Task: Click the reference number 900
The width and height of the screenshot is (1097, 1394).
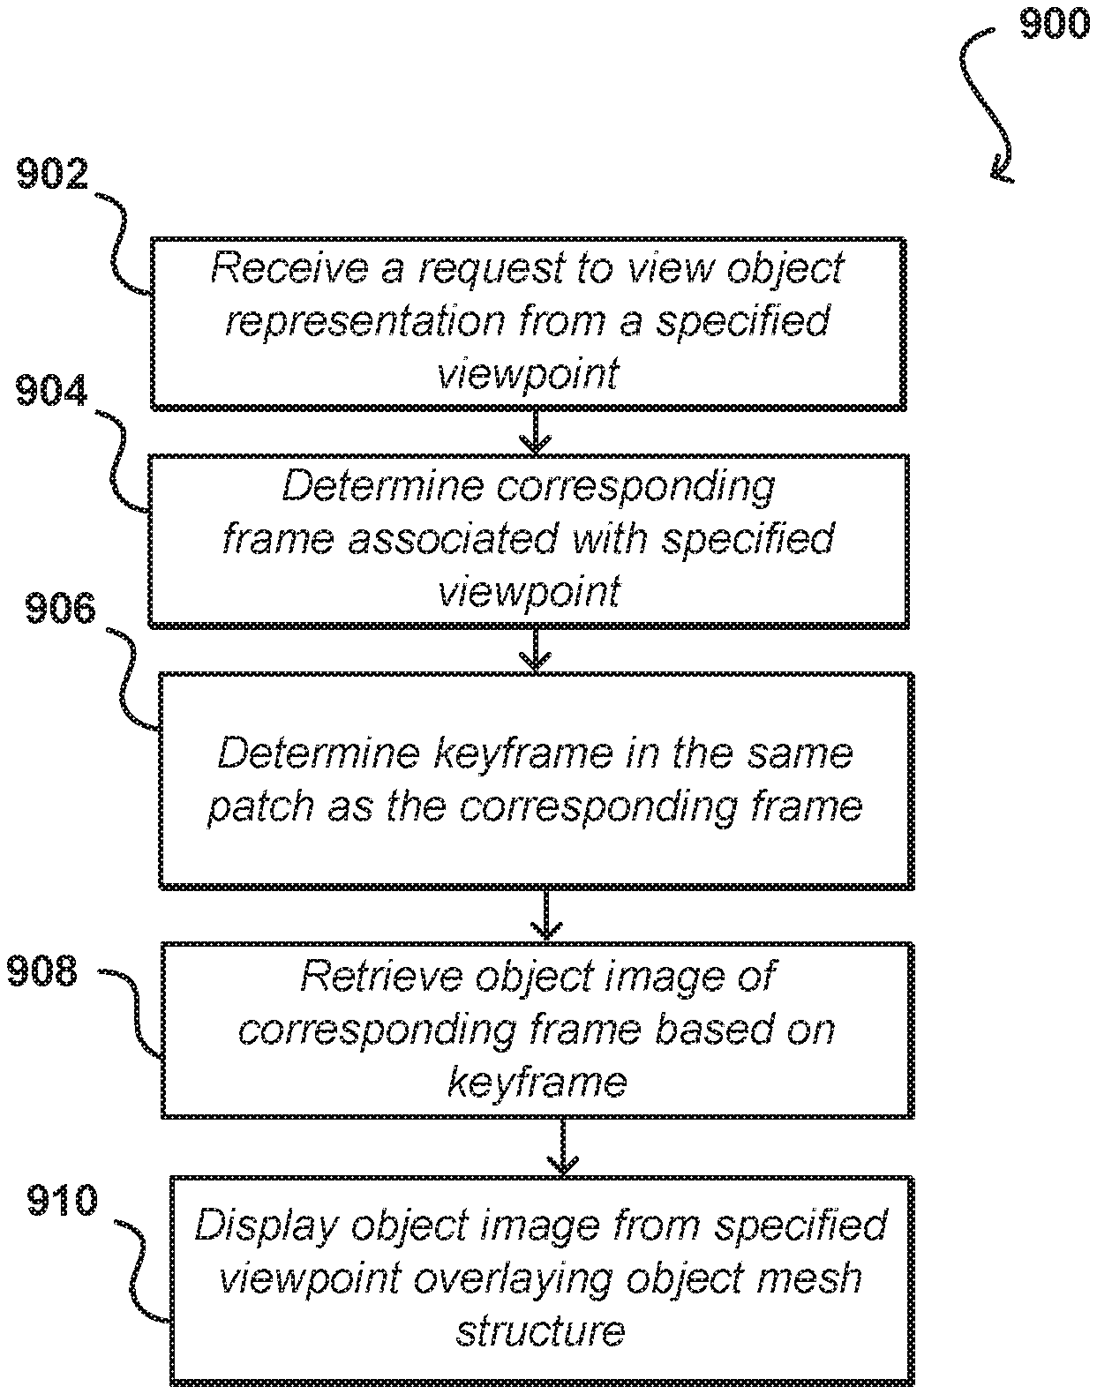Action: tap(1054, 23)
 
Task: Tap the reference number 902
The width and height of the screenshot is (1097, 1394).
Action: tap(53, 174)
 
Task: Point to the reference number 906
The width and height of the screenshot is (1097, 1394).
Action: tap(60, 609)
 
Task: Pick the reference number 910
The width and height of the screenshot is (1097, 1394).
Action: tap(62, 1200)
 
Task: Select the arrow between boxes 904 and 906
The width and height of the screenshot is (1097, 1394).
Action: tap(536, 650)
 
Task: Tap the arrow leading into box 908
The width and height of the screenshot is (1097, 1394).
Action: tap(546, 916)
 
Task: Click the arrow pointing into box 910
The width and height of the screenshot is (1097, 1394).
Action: tap(563, 1148)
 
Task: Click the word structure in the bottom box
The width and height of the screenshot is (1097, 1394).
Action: tap(540, 1330)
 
